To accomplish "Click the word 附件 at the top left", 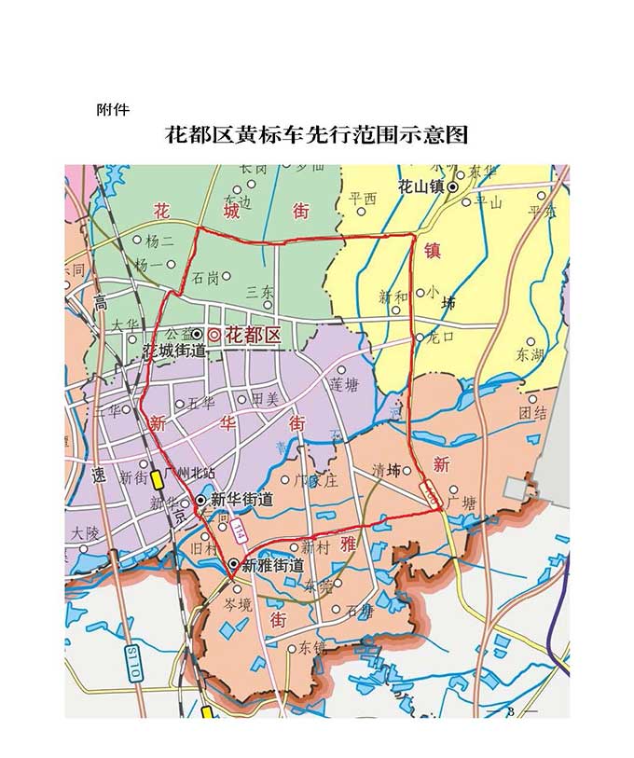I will pos(113,109).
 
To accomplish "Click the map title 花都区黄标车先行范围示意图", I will pos(316,135).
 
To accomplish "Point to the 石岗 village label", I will pos(206,276).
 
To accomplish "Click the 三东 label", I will pos(260,292).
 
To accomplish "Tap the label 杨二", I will pos(159,240).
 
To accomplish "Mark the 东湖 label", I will pos(529,354).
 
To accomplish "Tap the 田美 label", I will pos(265,399).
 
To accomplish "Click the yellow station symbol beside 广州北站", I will pos(157,479).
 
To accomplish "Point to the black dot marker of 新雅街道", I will pos(233,563).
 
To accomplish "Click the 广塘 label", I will pos(462,503).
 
